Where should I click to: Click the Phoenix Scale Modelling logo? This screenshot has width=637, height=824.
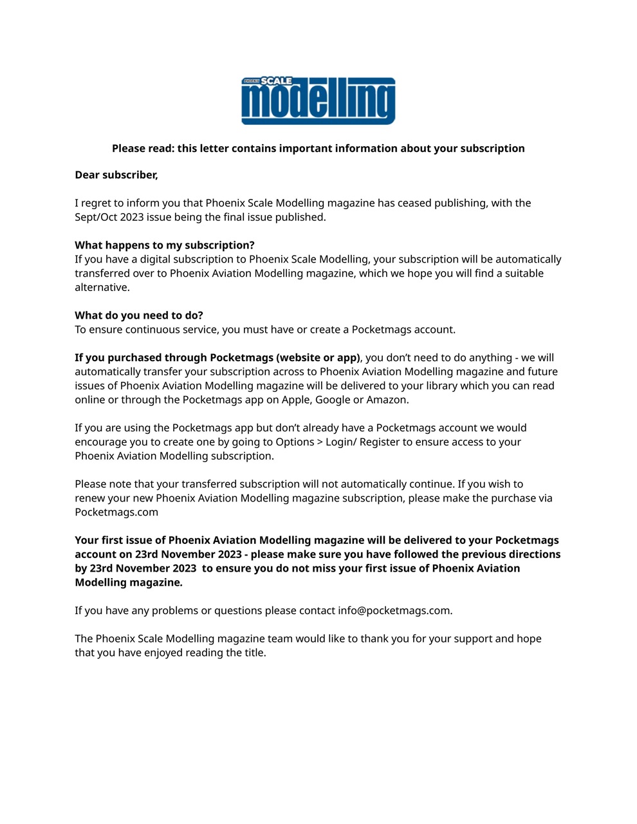click(x=318, y=101)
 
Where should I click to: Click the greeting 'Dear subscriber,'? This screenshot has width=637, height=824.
click(x=116, y=175)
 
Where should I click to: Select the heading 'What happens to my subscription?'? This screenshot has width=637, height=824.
click(x=165, y=245)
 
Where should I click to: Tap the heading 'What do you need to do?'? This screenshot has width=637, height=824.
click(x=139, y=315)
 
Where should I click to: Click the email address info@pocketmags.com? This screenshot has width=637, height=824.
click(x=394, y=610)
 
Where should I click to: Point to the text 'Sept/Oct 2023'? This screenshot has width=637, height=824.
click(x=109, y=217)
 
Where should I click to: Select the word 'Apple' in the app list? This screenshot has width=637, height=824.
click(x=296, y=400)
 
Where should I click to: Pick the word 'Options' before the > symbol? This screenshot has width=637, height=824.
click(x=295, y=442)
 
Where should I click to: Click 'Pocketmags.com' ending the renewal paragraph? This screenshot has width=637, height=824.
click(x=116, y=512)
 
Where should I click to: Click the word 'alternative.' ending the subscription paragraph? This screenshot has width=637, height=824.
click(x=102, y=288)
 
